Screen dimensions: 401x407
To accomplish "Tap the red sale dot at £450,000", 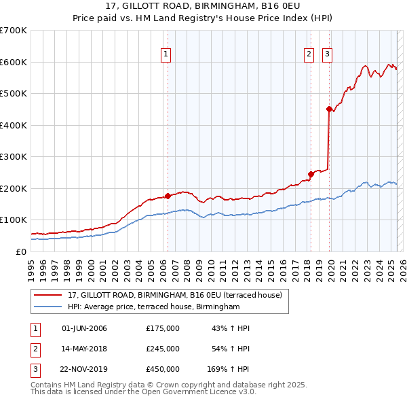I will pyautogui.click(x=329, y=109).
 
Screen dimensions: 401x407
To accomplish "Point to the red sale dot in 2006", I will pyautogui.click(x=168, y=196).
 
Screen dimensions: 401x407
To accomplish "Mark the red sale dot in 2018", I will pyautogui.click(x=311, y=174).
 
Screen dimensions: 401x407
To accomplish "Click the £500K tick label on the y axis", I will pyautogui.click(x=14, y=94).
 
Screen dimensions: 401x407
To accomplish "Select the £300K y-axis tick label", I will pyautogui.click(x=14, y=157).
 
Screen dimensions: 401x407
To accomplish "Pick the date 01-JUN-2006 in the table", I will pyautogui.click(x=84, y=329).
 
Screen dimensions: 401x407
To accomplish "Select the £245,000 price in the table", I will pyautogui.click(x=163, y=349).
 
